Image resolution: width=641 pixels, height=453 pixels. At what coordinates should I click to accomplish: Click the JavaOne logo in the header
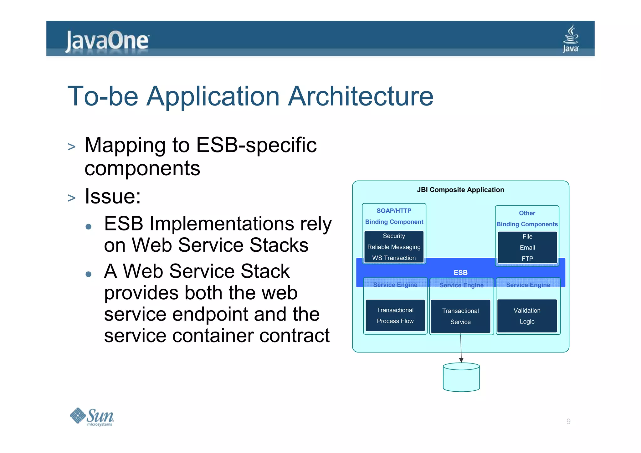(x=107, y=41)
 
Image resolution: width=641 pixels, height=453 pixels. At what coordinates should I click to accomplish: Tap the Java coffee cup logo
(x=571, y=39)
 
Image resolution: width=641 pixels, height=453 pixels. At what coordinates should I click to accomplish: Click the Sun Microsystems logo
(x=92, y=417)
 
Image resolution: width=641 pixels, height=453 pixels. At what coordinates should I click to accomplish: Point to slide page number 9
(x=568, y=421)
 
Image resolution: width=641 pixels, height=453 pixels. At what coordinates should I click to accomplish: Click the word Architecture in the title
(x=361, y=96)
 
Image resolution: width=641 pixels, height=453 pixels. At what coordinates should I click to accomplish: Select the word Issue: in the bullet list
(x=113, y=197)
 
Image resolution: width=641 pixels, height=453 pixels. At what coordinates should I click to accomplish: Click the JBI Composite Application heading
(x=460, y=190)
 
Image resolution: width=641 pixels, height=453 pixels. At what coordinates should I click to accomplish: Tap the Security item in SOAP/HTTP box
(x=394, y=236)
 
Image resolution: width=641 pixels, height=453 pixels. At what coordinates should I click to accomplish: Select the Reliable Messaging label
(x=394, y=247)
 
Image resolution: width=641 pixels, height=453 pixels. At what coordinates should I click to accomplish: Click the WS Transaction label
(x=394, y=258)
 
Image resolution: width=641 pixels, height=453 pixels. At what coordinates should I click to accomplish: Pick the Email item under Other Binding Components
(x=527, y=248)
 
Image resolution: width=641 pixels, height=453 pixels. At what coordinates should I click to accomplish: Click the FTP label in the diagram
(x=527, y=259)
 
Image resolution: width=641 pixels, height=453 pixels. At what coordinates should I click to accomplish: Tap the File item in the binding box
(x=527, y=237)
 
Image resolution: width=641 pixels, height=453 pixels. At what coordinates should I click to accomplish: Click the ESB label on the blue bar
(x=460, y=273)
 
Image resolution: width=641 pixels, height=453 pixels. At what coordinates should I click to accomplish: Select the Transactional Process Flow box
(x=395, y=316)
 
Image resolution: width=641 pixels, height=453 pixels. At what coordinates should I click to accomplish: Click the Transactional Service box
(x=460, y=316)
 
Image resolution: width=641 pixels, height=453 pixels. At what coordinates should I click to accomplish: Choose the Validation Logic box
(x=527, y=316)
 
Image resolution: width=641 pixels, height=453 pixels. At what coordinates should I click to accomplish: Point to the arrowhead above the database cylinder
(x=461, y=360)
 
